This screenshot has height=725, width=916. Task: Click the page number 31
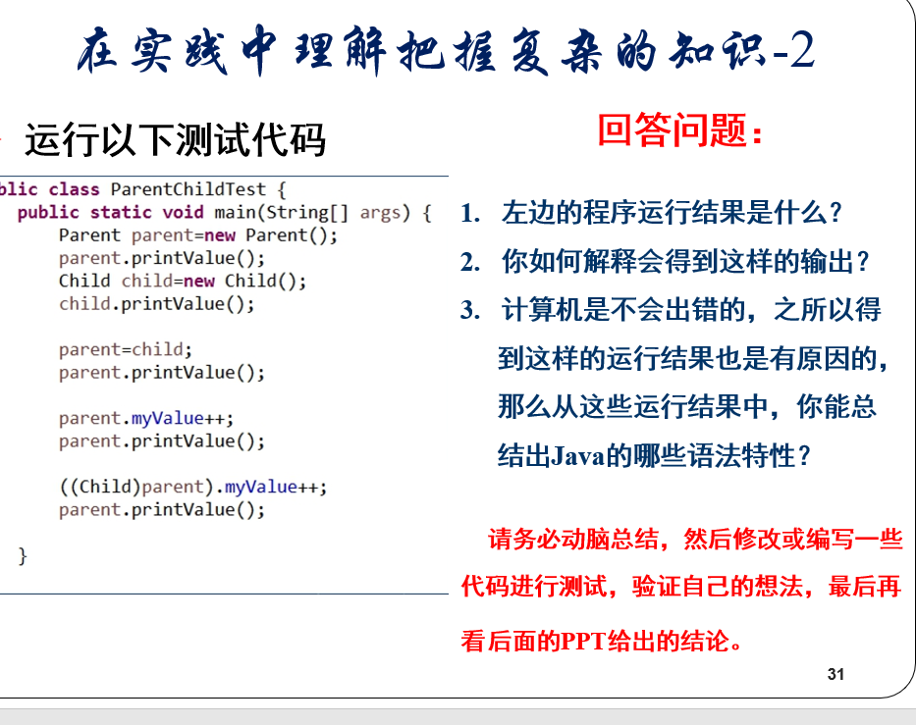click(835, 674)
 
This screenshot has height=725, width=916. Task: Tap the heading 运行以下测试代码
click(175, 139)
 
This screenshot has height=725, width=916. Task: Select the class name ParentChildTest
click(189, 189)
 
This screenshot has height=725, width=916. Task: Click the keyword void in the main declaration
click(183, 212)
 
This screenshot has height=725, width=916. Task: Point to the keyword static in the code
click(121, 212)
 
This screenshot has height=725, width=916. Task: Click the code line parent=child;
click(126, 349)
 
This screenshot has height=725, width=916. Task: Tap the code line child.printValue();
click(156, 303)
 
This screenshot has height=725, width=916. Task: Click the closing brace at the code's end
click(23, 555)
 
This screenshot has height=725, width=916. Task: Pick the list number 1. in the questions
click(470, 213)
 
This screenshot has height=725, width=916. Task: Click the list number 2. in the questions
click(470, 262)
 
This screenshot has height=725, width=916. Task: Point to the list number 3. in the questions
click(470, 310)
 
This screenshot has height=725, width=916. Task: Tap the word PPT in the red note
click(583, 642)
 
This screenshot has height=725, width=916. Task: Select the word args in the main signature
click(380, 213)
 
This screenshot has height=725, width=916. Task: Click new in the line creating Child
click(198, 281)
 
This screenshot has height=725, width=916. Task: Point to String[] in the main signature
click(307, 213)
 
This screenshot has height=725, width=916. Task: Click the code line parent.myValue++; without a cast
click(146, 418)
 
